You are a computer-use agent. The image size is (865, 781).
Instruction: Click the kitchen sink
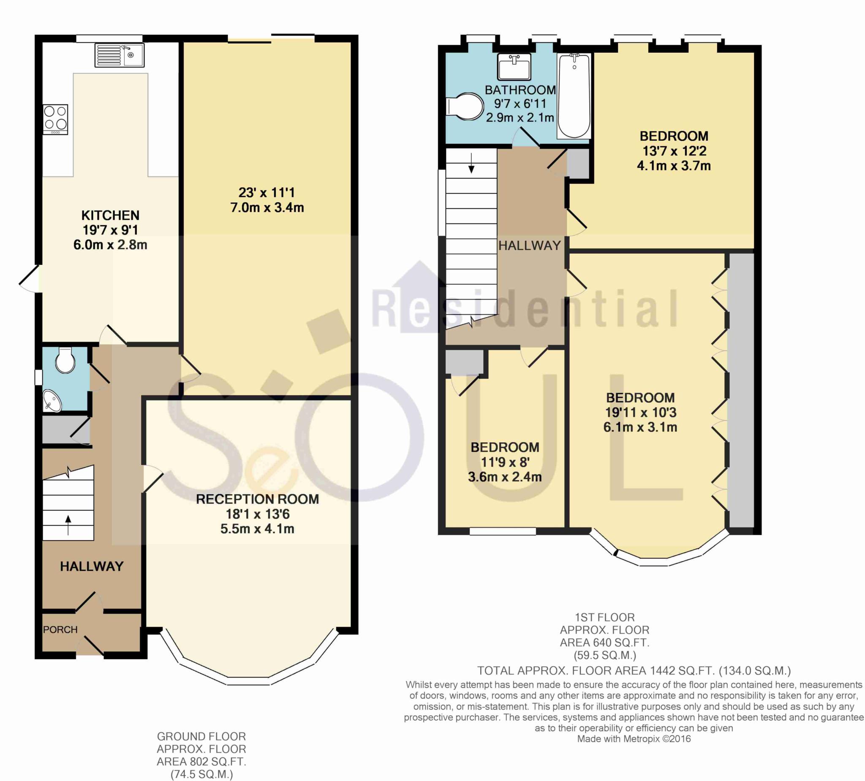coord(119,55)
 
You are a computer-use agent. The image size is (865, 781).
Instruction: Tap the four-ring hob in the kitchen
coord(56,118)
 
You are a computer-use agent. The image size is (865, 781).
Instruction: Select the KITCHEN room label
coord(110,215)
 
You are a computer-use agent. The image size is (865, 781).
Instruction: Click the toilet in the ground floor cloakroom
coord(65,360)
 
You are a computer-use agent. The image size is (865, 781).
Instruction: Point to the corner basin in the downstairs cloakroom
coord(52,400)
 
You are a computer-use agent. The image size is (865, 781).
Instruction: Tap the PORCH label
coord(60,629)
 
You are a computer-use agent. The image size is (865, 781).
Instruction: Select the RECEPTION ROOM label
coord(257,499)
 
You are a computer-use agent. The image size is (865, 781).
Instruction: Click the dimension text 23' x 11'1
coord(267,193)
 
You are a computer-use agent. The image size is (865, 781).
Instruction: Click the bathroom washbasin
coord(514,66)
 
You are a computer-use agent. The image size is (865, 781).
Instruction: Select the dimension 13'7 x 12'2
coord(674,151)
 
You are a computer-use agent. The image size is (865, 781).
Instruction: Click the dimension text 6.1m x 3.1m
coord(640,427)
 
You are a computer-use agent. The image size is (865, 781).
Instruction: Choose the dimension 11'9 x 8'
coord(505,462)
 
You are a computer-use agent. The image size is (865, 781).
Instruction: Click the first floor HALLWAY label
coord(530,245)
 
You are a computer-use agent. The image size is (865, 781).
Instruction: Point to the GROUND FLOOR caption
coord(201,736)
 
